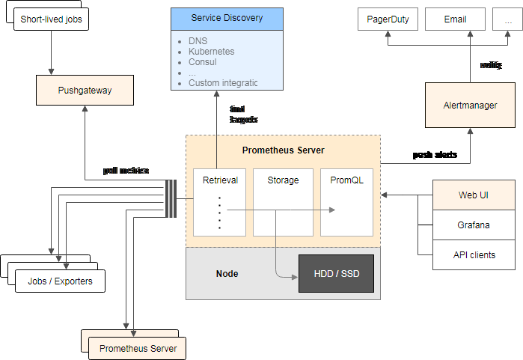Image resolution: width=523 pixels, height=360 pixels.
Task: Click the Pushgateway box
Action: pos(85,91)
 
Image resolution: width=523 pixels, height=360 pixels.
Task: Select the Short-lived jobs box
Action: pos(51,19)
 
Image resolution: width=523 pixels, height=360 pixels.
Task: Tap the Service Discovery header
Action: pos(227,18)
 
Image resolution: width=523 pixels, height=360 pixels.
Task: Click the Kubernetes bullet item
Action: pos(211,52)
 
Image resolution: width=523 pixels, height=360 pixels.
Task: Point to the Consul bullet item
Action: pos(204,62)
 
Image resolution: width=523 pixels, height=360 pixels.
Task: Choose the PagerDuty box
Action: pos(388,19)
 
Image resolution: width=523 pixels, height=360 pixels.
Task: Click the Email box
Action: pos(455,19)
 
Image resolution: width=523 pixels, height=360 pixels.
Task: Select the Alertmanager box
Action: pos(470,106)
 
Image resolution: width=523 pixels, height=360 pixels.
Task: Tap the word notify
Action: pos(491,65)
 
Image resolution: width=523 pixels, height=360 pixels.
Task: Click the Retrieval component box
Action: pos(220,202)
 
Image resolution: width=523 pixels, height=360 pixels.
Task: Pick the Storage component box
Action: pos(283,202)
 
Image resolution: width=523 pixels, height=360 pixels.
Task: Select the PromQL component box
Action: pos(346,202)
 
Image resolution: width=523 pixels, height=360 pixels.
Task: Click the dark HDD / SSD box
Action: pos(335,274)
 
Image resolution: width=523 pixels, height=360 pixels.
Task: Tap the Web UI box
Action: pos(474,195)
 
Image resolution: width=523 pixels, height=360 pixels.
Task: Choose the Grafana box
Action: pos(474,225)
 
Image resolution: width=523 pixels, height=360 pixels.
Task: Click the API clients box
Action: pos(474,254)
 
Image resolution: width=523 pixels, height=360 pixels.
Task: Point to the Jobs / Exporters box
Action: pos(60,281)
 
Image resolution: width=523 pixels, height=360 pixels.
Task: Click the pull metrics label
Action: pos(126,171)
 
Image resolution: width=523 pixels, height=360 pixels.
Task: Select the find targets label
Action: pos(243,115)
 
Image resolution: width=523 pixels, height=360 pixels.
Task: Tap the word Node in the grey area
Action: pos(227,274)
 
